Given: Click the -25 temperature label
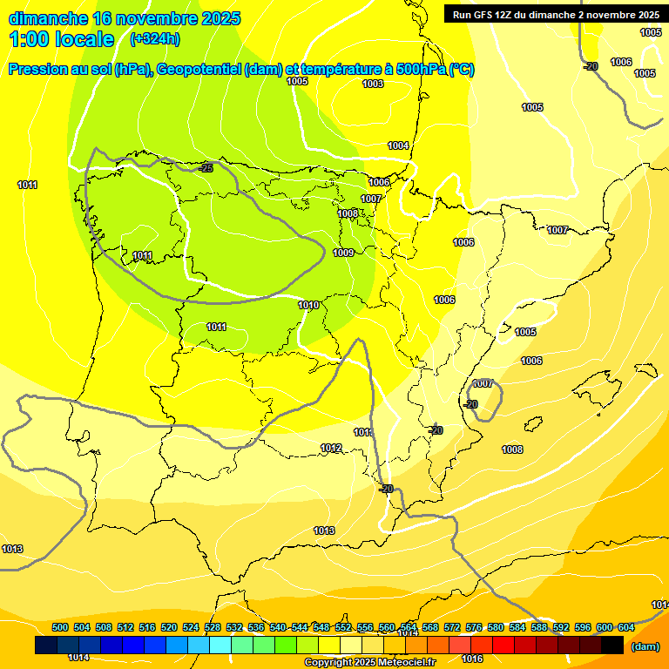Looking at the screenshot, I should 206,167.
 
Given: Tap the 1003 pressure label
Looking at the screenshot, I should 373,84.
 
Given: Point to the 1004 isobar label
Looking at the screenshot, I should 398,145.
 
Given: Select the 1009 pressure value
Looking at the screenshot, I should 343,253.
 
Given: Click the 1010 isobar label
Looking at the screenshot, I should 308,306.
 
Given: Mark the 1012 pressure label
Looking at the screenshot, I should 331,449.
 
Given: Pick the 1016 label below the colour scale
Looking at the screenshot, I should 472,659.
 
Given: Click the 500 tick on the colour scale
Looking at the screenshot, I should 60,628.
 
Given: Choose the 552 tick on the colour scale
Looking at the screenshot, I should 343,628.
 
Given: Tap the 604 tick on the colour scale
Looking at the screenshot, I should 625,628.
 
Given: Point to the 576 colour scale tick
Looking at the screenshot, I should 474,628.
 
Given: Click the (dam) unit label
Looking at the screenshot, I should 645,646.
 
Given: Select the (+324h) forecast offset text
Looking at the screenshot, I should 154,39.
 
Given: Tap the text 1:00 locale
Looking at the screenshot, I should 62,39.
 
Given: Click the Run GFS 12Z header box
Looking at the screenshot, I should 552,15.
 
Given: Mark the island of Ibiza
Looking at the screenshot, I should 533,424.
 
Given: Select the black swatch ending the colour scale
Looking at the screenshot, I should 612,645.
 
